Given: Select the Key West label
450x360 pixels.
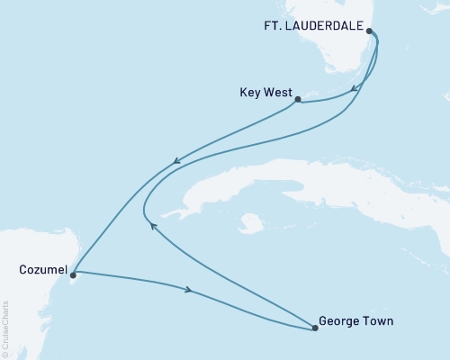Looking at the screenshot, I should click(264, 91).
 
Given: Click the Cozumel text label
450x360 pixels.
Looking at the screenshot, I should click(40, 267).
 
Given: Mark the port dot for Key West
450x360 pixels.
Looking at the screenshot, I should click(298, 100).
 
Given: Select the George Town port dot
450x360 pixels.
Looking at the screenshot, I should click(314, 328).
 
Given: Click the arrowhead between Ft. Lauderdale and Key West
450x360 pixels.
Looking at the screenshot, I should click(356, 89).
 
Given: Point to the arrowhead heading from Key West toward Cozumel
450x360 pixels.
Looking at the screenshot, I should click(177, 163).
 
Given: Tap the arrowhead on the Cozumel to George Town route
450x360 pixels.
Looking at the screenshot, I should click(188, 291).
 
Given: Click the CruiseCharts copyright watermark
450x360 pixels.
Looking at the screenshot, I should click(5, 329).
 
